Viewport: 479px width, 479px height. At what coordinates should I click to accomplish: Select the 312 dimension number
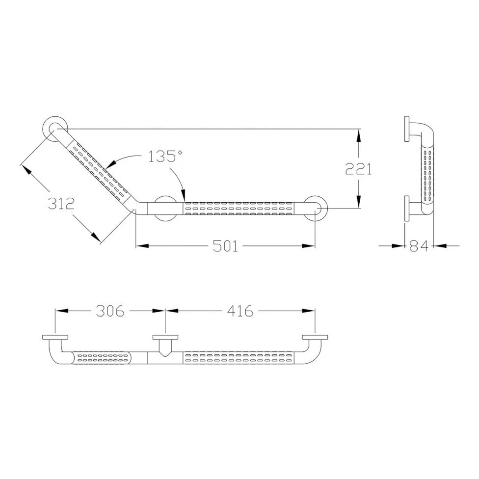coord(61,203)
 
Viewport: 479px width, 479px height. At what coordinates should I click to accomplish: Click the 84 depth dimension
coord(419,245)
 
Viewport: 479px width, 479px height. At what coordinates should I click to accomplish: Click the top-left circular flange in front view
coord(55,128)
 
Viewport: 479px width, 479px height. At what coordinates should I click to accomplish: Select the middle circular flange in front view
coord(165,208)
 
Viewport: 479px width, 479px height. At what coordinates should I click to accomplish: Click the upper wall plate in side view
coord(407,129)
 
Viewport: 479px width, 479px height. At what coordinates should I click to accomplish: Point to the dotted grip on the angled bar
coord(98,170)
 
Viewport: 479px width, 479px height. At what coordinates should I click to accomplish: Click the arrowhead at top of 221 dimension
coord(359,133)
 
